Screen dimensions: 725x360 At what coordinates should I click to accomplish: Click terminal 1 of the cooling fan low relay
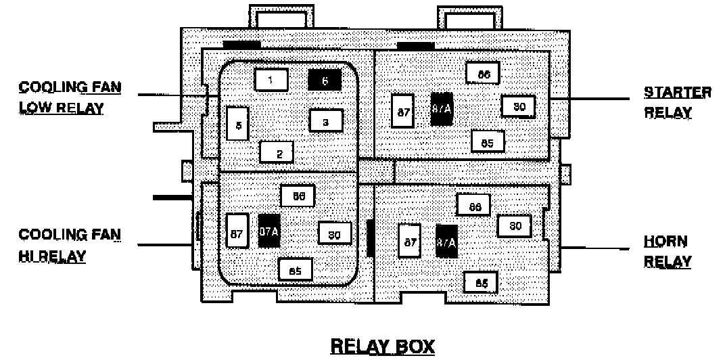[x=271, y=80]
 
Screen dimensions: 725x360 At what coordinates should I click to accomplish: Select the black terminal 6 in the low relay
[x=325, y=80]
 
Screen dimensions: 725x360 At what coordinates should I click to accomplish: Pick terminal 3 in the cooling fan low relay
[x=326, y=121]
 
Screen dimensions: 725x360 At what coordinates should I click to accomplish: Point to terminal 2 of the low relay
[x=277, y=152]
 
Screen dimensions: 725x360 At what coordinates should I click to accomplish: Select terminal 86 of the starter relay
[x=483, y=73]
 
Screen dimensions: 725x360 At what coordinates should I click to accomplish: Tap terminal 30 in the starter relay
[x=518, y=106]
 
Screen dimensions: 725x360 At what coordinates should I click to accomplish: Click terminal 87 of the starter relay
[x=404, y=111]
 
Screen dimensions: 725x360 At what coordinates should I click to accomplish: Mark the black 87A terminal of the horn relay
[x=446, y=242]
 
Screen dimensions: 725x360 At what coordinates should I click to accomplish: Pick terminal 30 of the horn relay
[x=514, y=226]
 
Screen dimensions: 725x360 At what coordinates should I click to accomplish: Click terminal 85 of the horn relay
[x=481, y=283]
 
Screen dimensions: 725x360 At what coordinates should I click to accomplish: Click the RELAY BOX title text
[x=382, y=346]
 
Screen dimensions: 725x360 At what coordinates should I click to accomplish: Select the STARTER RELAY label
[x=677, y=102]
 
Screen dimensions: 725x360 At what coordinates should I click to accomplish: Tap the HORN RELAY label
[x=667, y=251]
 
